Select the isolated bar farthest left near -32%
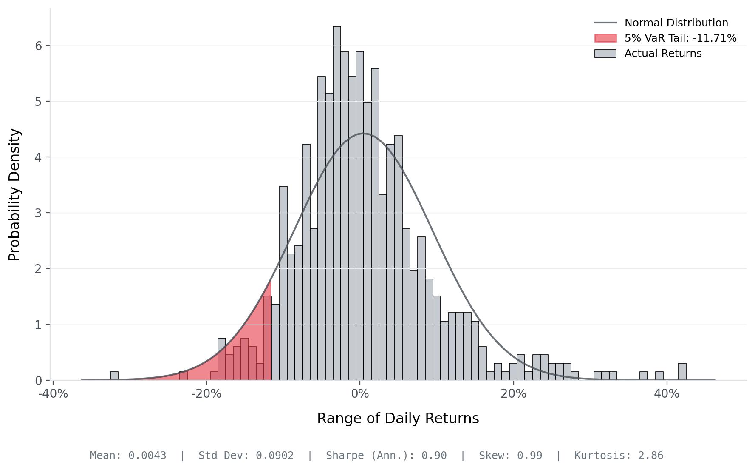coord(114,376)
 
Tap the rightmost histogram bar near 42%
coord(682,372)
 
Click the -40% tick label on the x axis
coord(53,394)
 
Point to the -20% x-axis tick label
coord(206,394)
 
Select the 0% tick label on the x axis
coord(360,394)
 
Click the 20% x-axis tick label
coord(513,394)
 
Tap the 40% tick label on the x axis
coord(667,394)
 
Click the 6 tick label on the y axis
coord(39,46)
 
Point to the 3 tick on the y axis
coord(39,213)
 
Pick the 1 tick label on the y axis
coord(39,325)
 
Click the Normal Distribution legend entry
coord(676,23)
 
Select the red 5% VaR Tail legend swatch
coord(605,38)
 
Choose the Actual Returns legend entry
coord(663,54)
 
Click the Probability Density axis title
coord(14,194)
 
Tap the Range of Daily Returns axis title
coord(398,419)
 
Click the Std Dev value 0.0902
coord(274,456)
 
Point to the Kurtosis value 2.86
coord(650,456)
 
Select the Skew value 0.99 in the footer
coord(529,456)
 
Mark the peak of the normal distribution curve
coord(364,133)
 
